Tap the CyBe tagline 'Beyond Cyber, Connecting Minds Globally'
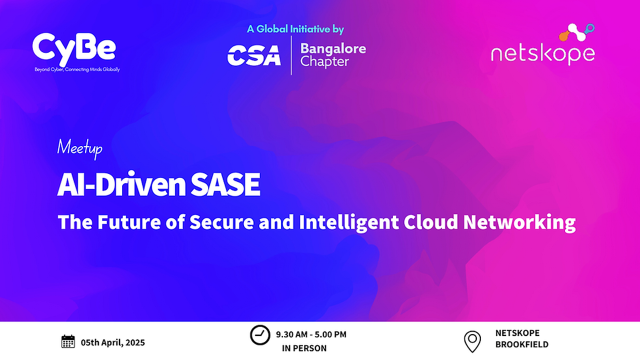click(77, 69)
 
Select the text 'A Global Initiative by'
click(295, 29)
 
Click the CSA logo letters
click(254, 55)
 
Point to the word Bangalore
click(333, 49)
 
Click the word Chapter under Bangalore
click(324, 62)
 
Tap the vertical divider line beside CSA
click(291, 55)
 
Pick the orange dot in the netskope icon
click(563, 36)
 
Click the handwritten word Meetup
click(79, 148)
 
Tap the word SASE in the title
click(225, 184)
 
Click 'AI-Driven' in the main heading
click(121, 184)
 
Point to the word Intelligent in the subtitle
click(349, 222)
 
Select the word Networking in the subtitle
click(519, 222)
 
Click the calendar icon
click(68, 341)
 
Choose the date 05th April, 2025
click(113, 342)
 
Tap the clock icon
click(260, 335)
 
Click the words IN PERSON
click(304, 348)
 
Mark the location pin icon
click(472, 341)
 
